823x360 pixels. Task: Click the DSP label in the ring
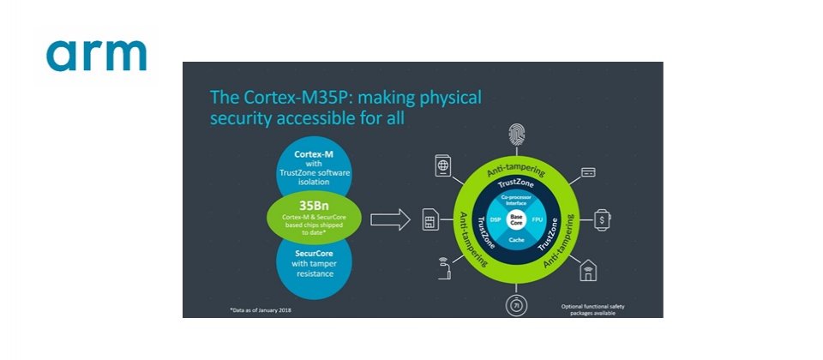click(496, 219)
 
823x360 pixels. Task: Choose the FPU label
click(538, 219)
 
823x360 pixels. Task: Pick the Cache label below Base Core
click(516, 241)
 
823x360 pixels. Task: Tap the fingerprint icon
click(517, 134)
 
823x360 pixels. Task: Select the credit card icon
click(588, 171)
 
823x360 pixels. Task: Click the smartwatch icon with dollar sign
click(603, 219)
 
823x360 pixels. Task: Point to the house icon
click(589, 270)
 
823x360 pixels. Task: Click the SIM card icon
click(431, 221)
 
